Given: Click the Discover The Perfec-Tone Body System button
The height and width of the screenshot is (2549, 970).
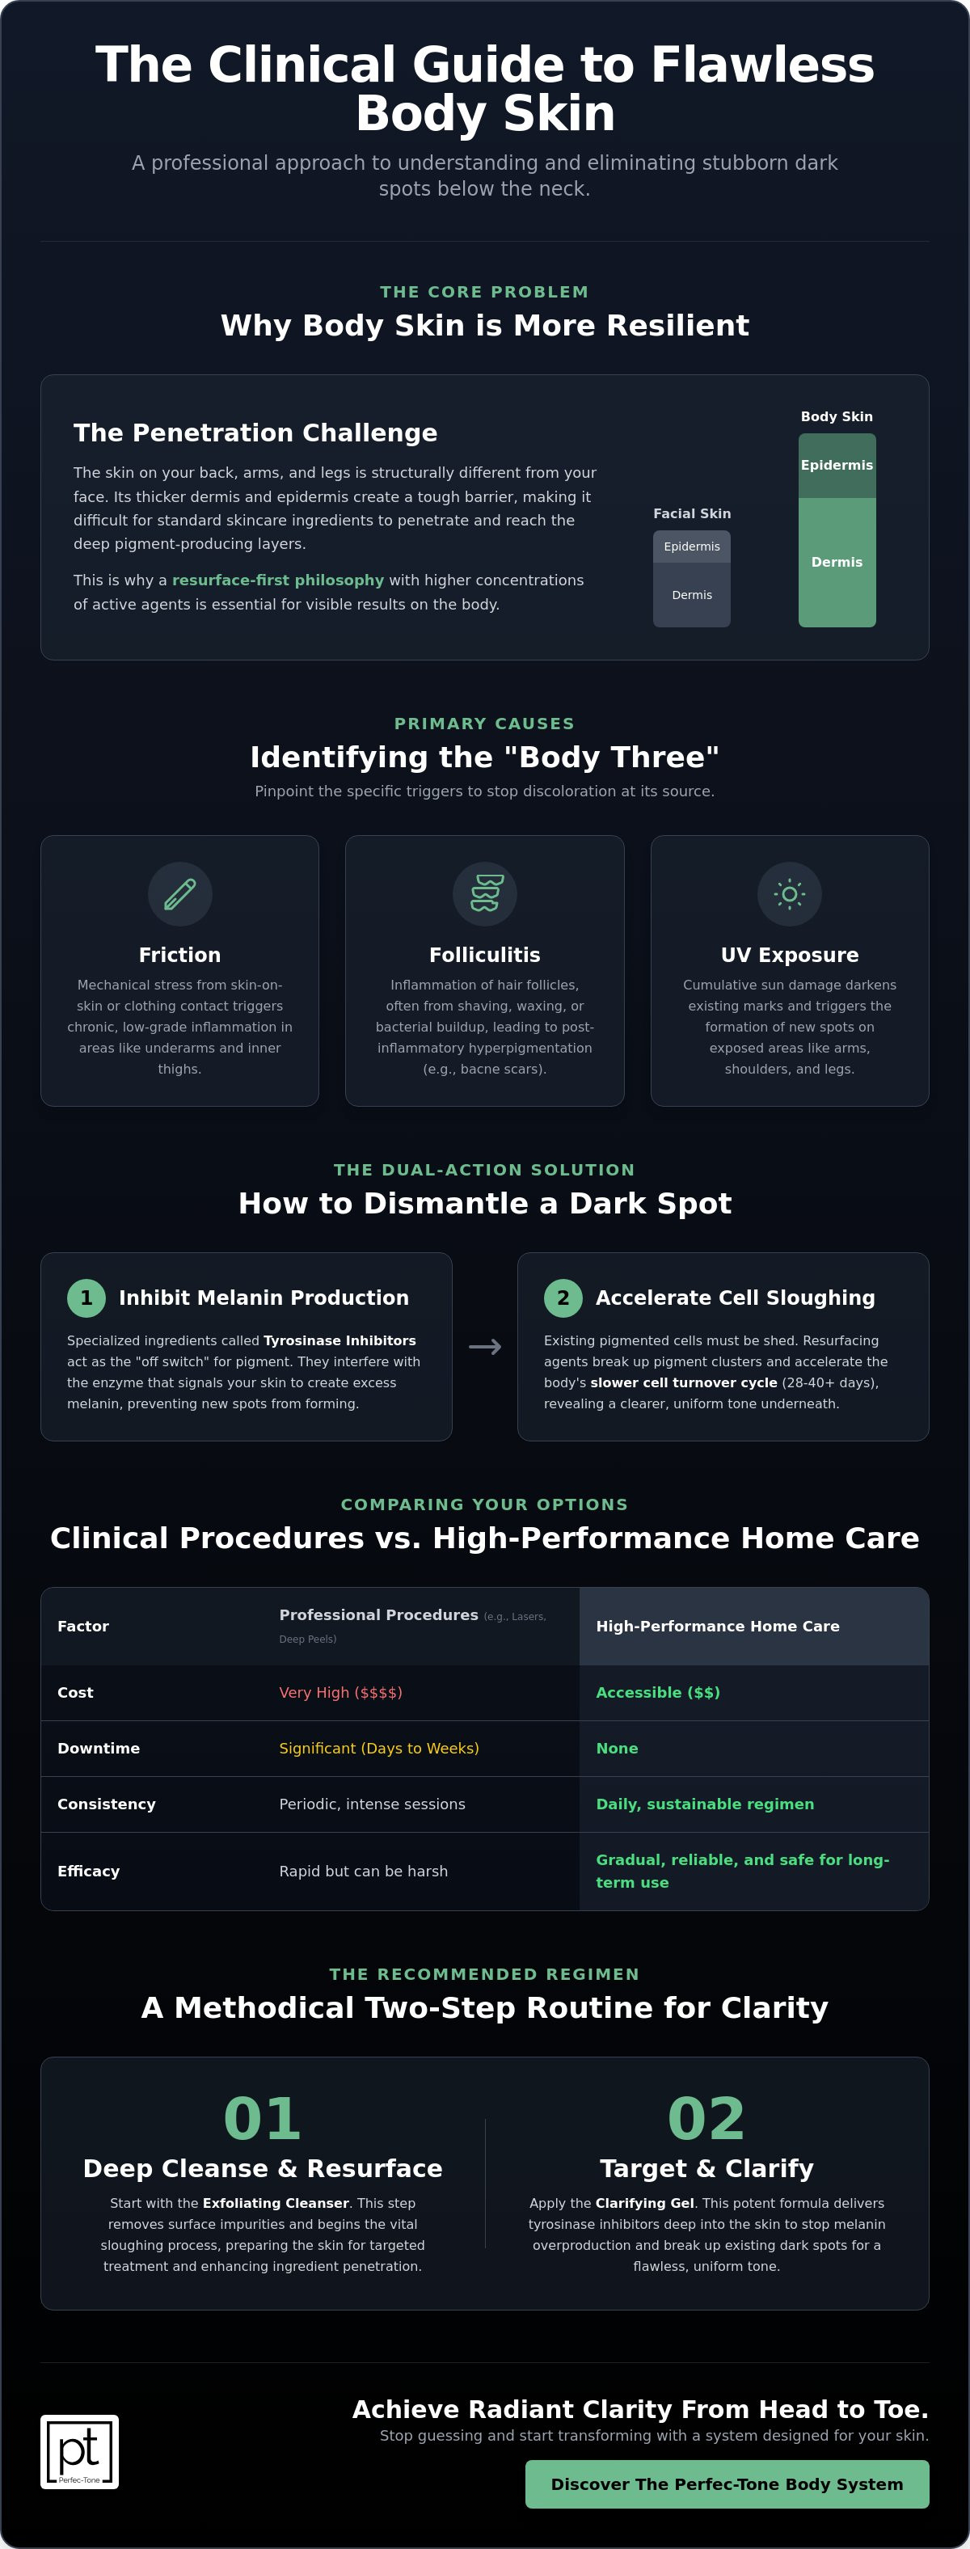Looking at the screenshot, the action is pos(727,2484).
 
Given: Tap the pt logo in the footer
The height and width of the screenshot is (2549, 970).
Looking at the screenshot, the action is pos(79,2451).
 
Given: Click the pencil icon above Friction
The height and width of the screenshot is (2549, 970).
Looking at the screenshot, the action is pos(179,894).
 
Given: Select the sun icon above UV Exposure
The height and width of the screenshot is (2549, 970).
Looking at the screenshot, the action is pos(789,894).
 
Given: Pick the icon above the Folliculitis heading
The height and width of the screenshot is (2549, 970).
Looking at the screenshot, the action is pos(485,894).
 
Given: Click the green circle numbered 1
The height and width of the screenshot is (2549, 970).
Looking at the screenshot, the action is pos(86,1298).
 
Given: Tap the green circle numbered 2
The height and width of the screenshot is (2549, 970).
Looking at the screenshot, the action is pos(563,1298).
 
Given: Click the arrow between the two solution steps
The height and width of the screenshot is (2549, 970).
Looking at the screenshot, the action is pos(485,1347).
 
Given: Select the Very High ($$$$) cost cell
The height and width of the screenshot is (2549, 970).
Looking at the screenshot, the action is pos(340,1692).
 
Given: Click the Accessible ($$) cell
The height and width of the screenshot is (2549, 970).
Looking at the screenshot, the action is pos(657,1692).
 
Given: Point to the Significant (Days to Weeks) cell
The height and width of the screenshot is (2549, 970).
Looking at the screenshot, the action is pos(379,1749).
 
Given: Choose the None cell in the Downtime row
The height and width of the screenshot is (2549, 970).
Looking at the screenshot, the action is pos(617,1749).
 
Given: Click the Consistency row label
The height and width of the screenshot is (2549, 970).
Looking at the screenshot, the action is pos(106,1804).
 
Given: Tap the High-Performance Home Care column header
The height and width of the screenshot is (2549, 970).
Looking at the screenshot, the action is pos(718,1626).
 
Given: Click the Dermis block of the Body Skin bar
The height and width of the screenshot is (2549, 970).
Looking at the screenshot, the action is pos(837,562).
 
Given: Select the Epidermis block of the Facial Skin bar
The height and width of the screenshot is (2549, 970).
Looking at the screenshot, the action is pos(692,547).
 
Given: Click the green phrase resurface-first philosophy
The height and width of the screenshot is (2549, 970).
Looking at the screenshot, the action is pos(278,580).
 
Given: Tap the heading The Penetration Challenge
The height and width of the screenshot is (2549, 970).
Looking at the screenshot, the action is pos(255,433).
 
